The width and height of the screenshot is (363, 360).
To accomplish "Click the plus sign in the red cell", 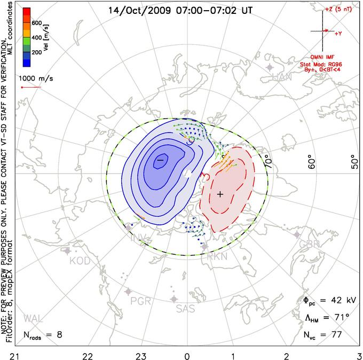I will pos(220,194).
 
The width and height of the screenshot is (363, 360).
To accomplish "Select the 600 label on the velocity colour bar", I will pos(37,23).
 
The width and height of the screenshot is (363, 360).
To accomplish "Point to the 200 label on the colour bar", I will pos(37,53).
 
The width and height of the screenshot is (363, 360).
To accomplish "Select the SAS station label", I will pos(185,308).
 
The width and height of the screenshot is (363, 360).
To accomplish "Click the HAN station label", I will pos(282,78).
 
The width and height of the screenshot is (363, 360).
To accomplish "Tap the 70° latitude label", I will pos(267,160).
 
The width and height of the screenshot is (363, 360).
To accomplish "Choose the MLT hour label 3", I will pos(359,355).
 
